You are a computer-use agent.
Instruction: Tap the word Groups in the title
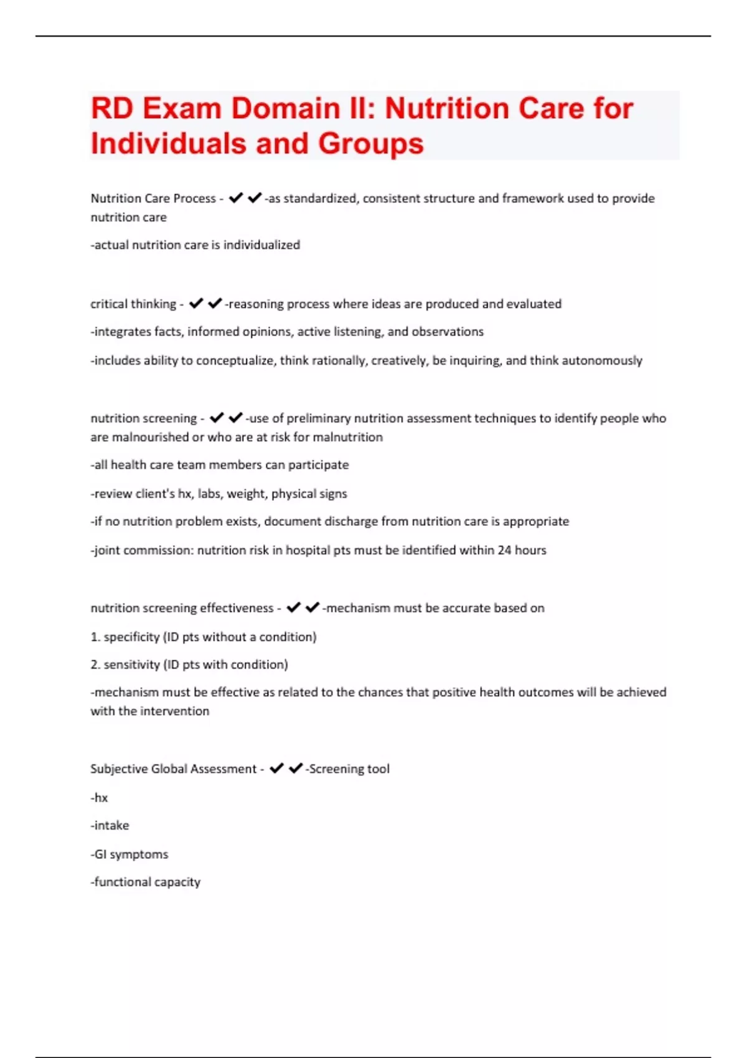coord(371,144)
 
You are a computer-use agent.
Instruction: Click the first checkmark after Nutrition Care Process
coord(235,198)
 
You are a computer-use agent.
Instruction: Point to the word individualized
coord(261,245)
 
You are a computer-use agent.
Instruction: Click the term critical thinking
coord(133,304)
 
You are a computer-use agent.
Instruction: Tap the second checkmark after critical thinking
coord(215,303)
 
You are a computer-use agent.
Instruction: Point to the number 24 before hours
coord(504,550)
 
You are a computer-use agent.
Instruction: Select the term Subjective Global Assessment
coord(173,769)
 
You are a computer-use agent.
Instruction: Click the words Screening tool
coord(349,769)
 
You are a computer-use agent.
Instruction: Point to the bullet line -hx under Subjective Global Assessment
coord(100,797)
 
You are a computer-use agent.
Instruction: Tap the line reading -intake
coord(110,825)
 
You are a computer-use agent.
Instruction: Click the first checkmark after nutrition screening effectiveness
coord(293,607)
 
